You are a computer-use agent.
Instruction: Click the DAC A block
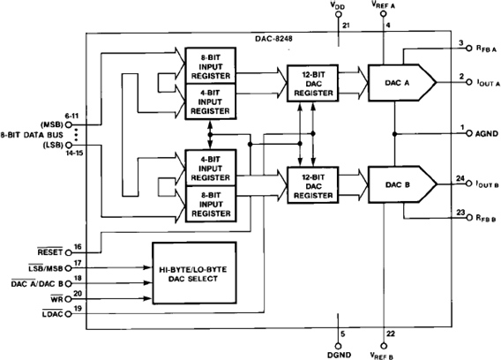click(399, 83)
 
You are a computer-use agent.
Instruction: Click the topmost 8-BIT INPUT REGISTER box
click(209, 64)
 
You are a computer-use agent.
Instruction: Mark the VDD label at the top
click(339, 7)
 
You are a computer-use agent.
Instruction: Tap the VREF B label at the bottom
click(385, 352)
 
